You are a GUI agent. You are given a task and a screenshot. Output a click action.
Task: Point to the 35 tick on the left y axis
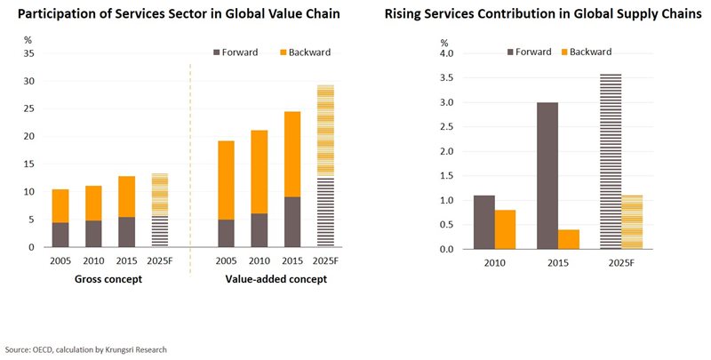28,53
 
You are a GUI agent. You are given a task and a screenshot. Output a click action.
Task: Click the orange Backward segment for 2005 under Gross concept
60,205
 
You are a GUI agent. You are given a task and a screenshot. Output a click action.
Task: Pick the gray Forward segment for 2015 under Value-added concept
292,222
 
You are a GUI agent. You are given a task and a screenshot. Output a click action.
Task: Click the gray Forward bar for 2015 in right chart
548,175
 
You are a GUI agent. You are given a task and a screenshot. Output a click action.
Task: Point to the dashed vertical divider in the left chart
190,169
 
